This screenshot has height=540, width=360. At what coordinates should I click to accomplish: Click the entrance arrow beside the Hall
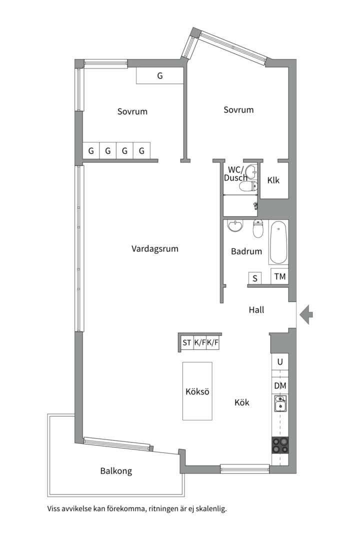pos(306,314)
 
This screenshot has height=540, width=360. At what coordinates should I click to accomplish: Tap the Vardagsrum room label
pos(154,248)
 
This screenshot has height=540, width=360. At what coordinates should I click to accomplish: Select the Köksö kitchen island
pos(197,391)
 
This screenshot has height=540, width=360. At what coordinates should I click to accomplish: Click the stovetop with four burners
pos(279,444)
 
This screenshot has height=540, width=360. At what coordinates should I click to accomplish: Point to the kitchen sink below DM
pos(280,403)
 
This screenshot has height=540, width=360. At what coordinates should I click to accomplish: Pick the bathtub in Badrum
pos(278,242)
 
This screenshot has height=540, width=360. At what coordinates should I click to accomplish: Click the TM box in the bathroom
pos(279,276)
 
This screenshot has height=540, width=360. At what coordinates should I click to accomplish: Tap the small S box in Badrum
pos(255,278)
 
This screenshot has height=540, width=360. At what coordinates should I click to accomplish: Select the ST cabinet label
pos(186,342)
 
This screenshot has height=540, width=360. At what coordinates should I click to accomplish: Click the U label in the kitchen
pos(280,361)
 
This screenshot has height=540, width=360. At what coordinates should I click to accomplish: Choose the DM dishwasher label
pos(280,385)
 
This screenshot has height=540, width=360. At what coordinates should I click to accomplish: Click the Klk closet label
pos(273,180)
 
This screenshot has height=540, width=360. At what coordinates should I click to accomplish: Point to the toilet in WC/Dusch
pos(248,186)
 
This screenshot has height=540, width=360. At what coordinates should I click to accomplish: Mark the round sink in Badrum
pos(235,226)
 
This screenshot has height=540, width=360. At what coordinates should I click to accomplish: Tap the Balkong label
pos(116,471)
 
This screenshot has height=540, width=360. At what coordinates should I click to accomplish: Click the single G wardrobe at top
pos(160,75)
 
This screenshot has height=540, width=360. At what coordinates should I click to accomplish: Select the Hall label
pos(256,310)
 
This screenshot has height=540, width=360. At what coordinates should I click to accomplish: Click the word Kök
pos(242,402)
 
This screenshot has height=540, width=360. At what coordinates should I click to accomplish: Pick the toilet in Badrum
pos(258,228)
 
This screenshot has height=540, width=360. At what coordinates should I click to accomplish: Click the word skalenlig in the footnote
pos(211,508)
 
